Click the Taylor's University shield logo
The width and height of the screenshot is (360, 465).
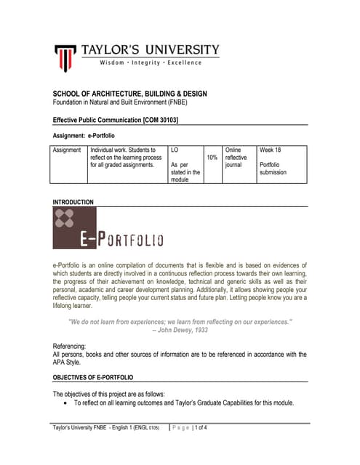[x=66, y=56]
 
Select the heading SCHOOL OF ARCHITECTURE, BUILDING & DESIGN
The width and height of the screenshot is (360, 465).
[x=130, y=94]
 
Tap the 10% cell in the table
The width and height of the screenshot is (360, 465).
[x=212, y=157]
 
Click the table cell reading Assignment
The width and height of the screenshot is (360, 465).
[x=69, y=150]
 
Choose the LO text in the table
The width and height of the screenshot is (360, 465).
[x=175, y=150]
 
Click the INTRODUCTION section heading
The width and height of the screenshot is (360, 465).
[x=73, y=201]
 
